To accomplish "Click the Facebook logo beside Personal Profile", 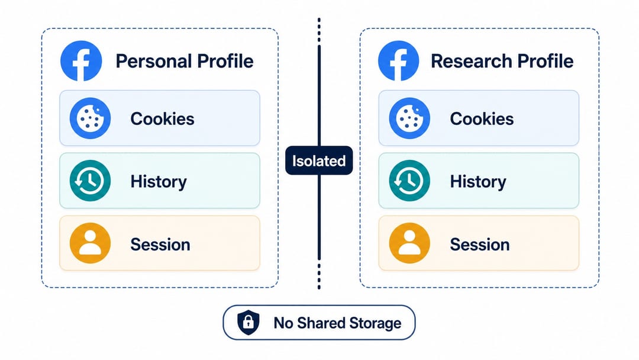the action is pos(81,61).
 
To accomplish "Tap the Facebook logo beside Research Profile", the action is pos(399,61).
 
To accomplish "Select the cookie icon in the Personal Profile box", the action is pos(90,118).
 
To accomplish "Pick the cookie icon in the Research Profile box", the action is pos(409,118).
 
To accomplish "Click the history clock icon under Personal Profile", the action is pos(90,181).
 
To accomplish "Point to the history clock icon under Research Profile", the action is pos(409,181).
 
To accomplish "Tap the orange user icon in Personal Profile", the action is pos(90,243).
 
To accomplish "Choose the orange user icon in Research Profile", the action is pos(409,243).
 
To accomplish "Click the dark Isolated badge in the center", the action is pos(319,160).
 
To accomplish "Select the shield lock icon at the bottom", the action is pos(248,323).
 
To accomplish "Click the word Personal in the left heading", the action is pos(154,61).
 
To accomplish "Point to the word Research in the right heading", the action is pos(471,61).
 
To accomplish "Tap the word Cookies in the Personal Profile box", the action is pos(162,119).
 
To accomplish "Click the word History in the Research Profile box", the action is pos(478,182).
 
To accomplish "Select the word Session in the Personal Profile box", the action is pos(160,245).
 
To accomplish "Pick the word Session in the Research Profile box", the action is pos(480,245).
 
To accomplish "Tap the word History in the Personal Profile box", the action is pos(159,182).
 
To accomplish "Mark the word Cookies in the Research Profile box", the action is pos(482,119).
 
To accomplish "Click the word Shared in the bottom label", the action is pos(321,323).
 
